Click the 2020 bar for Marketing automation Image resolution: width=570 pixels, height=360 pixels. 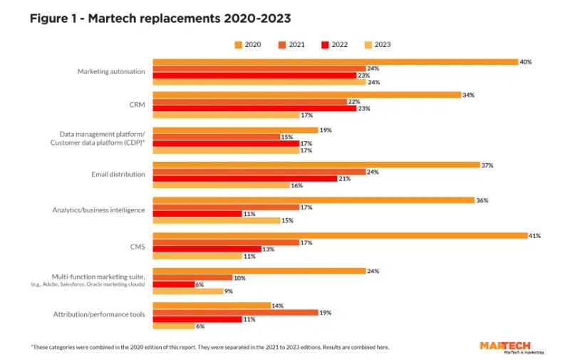coord(335,62)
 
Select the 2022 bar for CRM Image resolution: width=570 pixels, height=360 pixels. coord(254,108)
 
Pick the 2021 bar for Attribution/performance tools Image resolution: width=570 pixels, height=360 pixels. coord(235,312)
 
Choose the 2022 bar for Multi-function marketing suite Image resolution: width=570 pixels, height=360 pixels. coord(174,284)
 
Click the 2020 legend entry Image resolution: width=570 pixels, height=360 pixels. coord(247,44)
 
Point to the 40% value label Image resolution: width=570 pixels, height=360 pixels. coord(527,62)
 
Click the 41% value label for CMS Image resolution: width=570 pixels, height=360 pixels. coord(535,235)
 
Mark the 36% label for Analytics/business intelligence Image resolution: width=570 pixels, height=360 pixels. coord(482,200)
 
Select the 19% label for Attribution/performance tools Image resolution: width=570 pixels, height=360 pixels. coord(326,312)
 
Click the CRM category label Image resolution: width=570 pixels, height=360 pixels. coord(138,105)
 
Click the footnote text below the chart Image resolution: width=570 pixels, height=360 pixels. coord(209,347)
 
